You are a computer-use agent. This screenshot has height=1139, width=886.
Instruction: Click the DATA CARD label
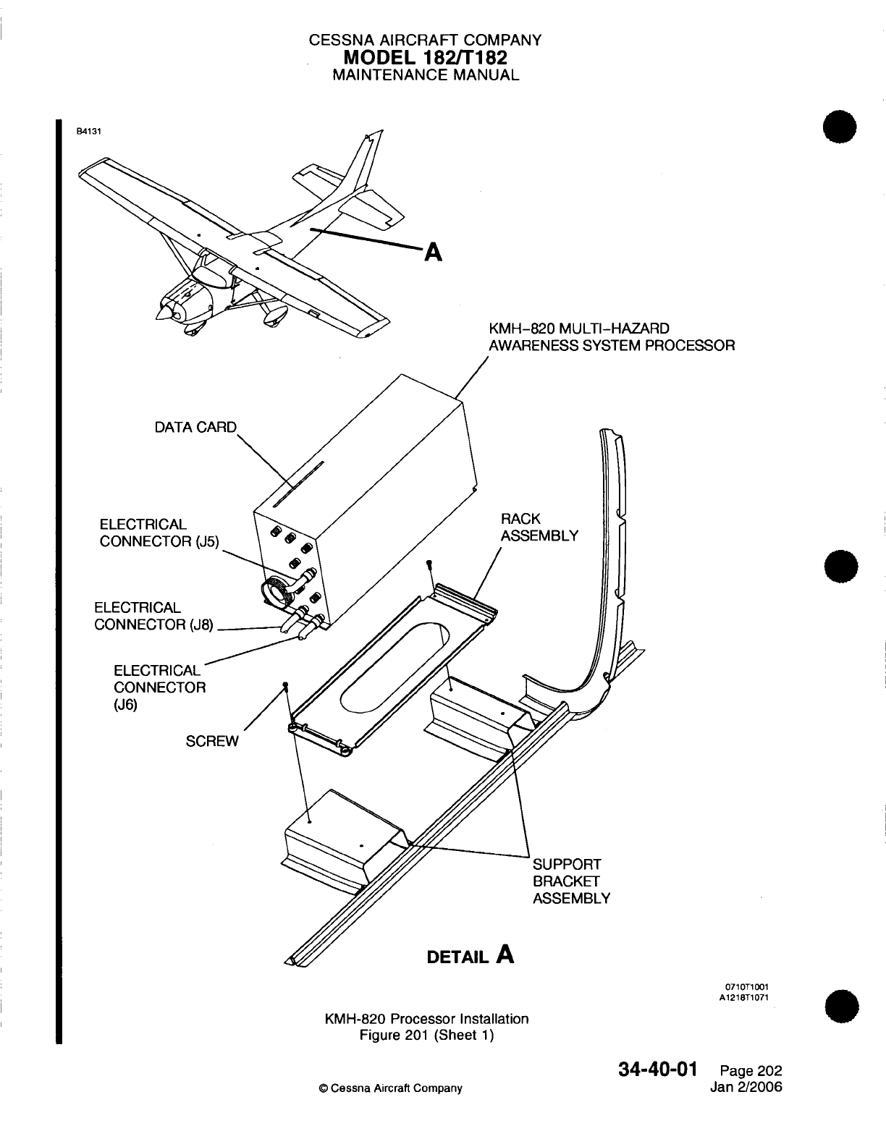pyautogui.click(x=195, y=427)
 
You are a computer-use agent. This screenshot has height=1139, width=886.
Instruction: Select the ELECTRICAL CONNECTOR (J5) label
pyautogui.click(x=159, y=533)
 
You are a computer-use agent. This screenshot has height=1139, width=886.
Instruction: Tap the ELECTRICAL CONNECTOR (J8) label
pyautogui.click(x=153, y=617)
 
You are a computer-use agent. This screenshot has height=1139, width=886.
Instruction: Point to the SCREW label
pyautogui.click(x=211, y=742)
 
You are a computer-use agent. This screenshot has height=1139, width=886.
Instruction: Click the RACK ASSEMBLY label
pyautogui.click(x=539, y=528)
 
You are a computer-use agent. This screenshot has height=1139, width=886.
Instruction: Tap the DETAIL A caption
pyautogui.click(x=471, y=957)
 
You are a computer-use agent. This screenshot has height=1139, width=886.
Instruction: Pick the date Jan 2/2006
pyautogui.click(x=748, y=1088)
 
